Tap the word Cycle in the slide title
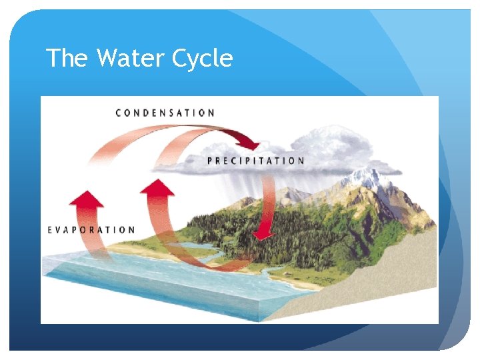pos(202,59)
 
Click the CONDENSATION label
pos(165,113)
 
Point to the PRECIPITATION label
pos(256,161)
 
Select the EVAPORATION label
pos(91,230)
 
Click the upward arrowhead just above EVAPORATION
pos(86,198)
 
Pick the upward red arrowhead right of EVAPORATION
pos(157,187)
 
